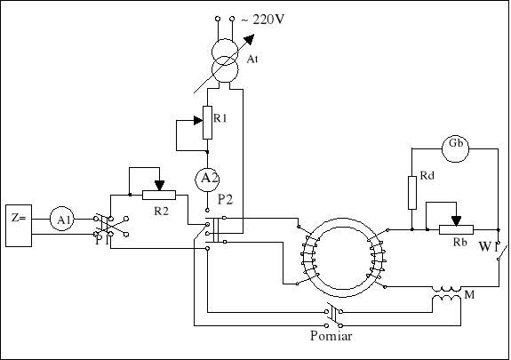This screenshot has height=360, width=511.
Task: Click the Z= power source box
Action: coord(19,226)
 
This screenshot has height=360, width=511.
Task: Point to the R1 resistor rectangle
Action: coord(207,123)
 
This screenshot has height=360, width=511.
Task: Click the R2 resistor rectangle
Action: coord(159,195)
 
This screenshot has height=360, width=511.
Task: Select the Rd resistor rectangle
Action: coord(412,193)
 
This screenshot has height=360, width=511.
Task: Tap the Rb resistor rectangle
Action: coord(456,229)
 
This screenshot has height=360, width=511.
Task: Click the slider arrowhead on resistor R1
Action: coord(198,121)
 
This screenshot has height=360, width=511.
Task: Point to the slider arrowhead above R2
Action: coord(159,186)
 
